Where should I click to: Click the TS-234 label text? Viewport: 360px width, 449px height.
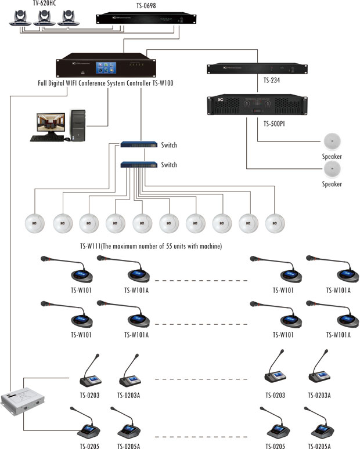tap(272, 81)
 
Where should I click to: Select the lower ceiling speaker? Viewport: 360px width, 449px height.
tap(332, 169)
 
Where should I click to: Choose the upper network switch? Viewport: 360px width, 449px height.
tap(139, 145)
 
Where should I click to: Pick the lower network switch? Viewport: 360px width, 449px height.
tap(139, 165)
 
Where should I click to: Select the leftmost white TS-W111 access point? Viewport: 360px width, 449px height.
tap(35, 224)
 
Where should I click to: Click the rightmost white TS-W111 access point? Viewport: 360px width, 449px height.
tap(275, 224)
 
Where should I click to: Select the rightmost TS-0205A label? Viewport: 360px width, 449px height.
tap(319, 446)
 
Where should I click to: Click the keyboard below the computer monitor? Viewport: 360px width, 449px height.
tap(46, 139)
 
